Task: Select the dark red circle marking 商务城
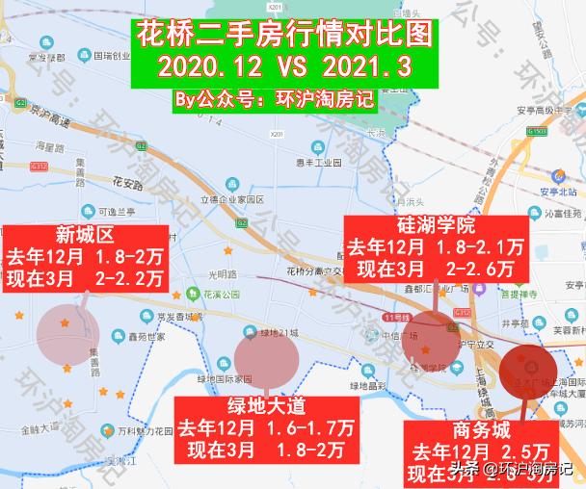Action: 529,370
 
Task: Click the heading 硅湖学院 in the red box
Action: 436,227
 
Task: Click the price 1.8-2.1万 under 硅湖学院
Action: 479,248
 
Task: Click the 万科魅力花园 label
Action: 153,428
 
